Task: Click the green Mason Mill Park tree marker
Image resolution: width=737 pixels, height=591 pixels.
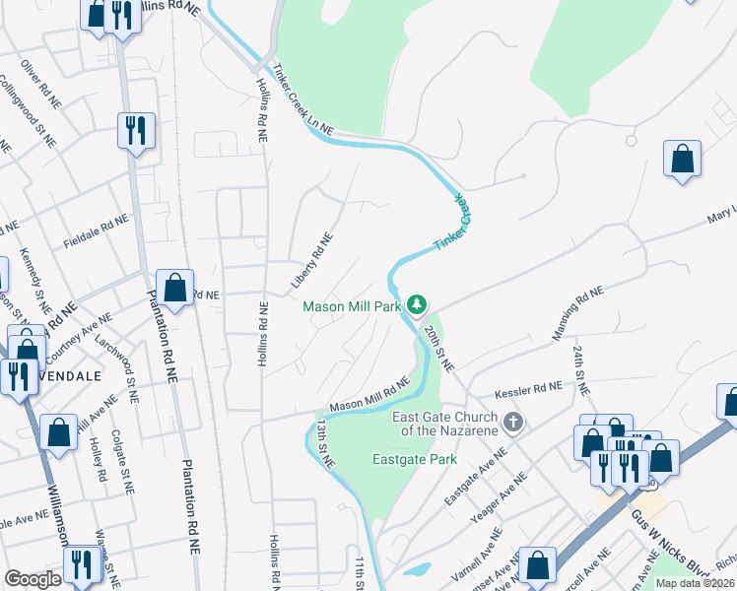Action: click(417, 305)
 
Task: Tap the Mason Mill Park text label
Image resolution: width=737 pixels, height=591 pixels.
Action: click(352, 306)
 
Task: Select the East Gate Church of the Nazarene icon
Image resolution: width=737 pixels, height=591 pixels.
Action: click(511, 423)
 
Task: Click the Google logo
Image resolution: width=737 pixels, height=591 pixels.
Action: click(33, 579)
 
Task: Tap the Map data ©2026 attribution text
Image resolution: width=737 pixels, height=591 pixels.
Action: click(695, 583)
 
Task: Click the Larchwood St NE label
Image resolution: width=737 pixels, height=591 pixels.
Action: click(117, 367)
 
